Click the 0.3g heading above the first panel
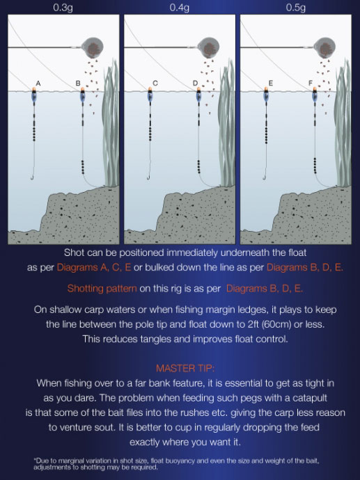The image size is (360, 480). [61, 8]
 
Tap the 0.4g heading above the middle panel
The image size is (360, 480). [178, 8]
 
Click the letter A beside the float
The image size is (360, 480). [38, 83]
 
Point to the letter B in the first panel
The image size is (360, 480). [77, 83]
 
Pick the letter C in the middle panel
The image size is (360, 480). [155, 83]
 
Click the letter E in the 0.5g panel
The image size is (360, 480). [269, 83]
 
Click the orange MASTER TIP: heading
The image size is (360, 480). [180, 367]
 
